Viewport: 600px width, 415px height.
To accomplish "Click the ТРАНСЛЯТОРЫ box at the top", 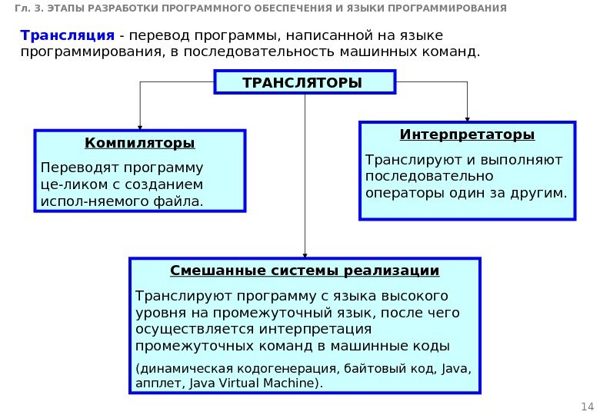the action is (x=305, y=82).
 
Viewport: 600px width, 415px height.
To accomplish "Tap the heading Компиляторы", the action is (x=139, y=144).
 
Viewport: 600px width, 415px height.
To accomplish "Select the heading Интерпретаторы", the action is (x=467, y=135).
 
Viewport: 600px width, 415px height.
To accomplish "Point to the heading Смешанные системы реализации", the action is (x=304, y=271).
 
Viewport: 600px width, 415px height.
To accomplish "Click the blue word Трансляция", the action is (x=67, y=36).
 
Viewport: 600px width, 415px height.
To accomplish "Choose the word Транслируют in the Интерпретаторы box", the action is (x=404, y=160).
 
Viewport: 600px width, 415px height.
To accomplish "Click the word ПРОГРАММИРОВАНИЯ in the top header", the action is (x=450, y=8).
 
